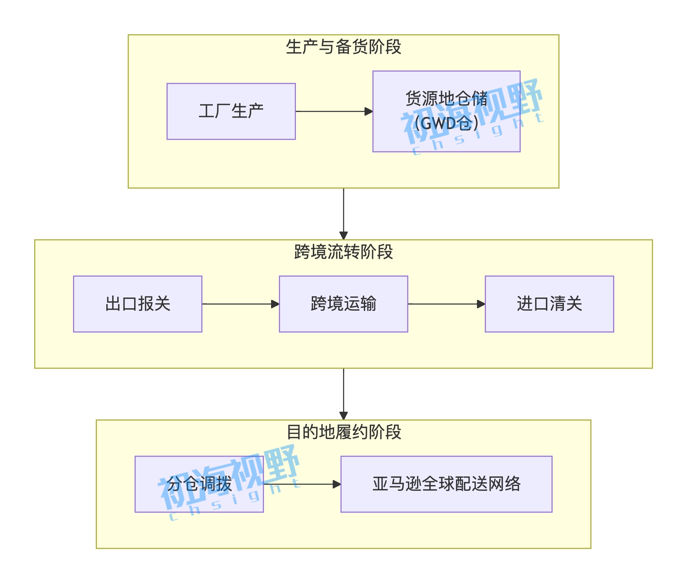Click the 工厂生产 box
click(231, 111)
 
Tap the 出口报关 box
click(138, 304)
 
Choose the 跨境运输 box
click(343, 304)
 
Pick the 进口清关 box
click(549, 304)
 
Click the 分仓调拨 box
click(199, 484)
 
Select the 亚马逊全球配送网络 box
click(446, 484)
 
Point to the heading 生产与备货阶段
click(343, 47)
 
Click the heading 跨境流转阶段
click(343, 252)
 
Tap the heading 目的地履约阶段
click(343, 432)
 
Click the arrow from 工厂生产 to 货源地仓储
click(331, 111)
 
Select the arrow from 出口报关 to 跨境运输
click(238, 304)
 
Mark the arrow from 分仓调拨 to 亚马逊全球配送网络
click(300, 484)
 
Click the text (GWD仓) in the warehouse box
click(446, 123)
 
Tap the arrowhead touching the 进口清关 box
click(481, 304)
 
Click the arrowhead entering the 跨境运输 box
click(275, 304)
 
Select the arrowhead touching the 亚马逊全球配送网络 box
click(337, 484)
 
